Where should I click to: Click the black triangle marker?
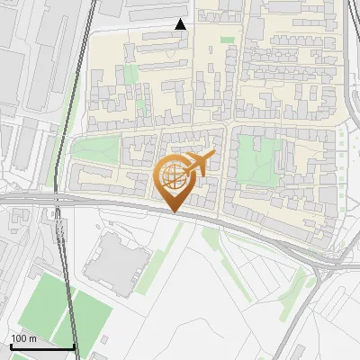point(181,24)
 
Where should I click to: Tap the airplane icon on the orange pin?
point(199,163)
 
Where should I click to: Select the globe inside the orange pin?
point(173,178)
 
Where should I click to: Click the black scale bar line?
point(42,346)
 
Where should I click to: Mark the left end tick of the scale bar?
point(11,344)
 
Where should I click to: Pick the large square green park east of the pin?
point(258,160)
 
